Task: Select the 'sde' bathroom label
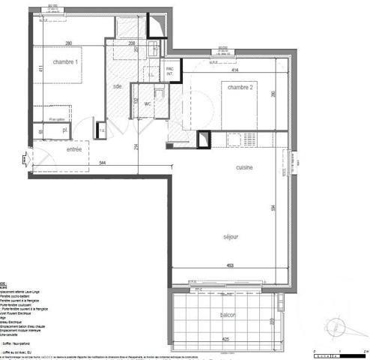pyautogui.click(x=117, y=86)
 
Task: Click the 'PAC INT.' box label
pyautogui.click(x=171, y=71)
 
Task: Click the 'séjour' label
pyautogui.click(x=231, y=237)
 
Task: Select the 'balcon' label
pyautogui.click(x=226, y=316)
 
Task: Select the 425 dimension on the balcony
pyautogui.click(x=226, y=339)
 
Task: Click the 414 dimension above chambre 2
pyautogui.click(x=234, y=70)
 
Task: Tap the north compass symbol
pyautogui.click(x=336, y=325)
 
